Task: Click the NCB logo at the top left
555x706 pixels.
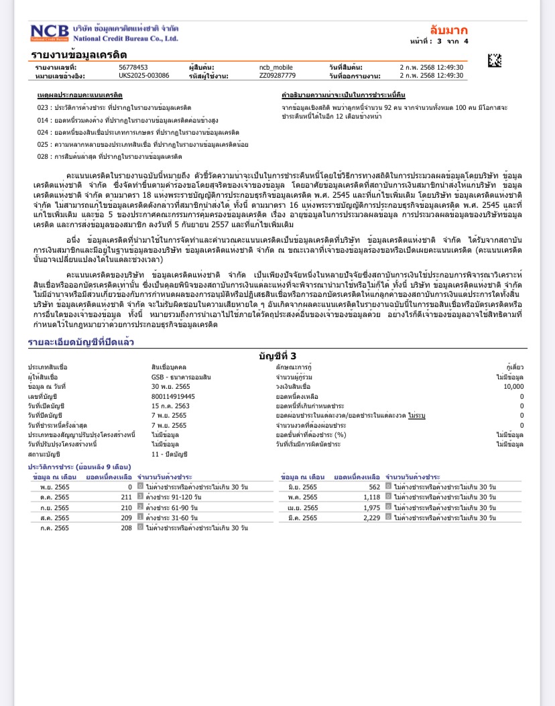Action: point(49,33)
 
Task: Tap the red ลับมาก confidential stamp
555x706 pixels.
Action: point(448,30)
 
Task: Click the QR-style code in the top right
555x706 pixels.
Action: point(494,60)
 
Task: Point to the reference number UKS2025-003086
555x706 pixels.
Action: point(143,76)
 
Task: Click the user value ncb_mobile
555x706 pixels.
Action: point(276,68)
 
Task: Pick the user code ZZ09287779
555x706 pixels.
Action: point(277,76)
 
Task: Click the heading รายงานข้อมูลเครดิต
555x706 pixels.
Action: point(78,55)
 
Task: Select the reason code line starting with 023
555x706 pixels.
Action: point(114,107)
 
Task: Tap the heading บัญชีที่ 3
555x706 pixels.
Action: point(277,355)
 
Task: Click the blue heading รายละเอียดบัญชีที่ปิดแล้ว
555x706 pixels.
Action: point(80,342)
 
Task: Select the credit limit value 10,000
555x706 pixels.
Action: point(513,387)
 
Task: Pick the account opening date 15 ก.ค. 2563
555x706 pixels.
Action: point(170,406)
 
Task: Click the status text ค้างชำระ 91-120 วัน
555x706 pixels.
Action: point(172,497)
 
